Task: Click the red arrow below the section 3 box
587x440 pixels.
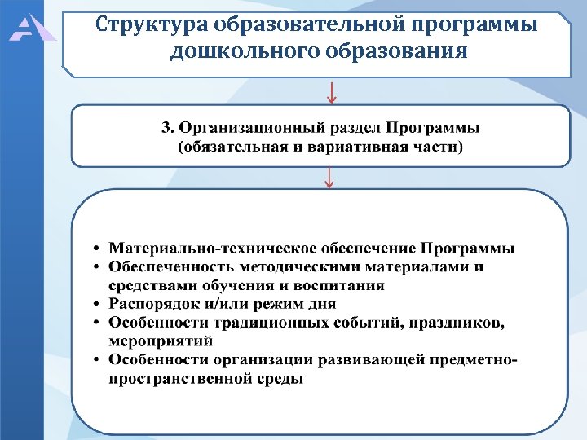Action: (329, 177)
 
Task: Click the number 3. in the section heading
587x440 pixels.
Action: (167, 128)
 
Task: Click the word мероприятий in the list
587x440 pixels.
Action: (160, 341)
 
